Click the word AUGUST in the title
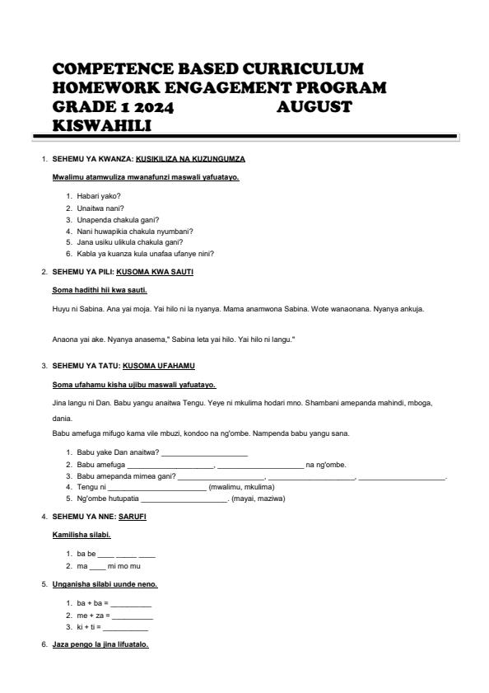[314, 106]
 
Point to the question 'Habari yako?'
[99, 196]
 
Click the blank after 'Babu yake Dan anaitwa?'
[204, 453]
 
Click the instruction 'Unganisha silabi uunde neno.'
[105, 584]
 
